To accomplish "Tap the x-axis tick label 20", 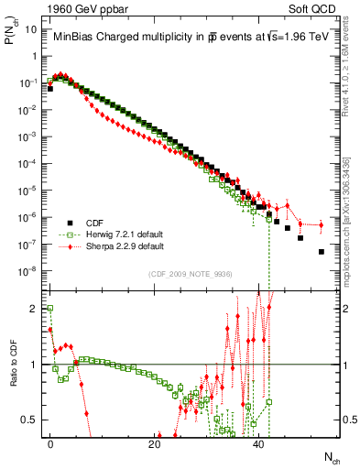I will coord(155,444).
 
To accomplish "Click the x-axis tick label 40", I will coord(259,444).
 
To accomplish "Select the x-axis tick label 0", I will coord(50,444).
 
